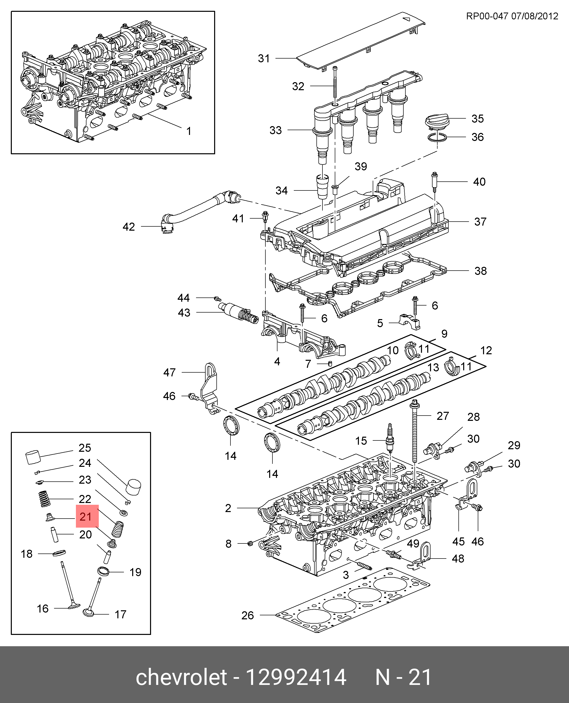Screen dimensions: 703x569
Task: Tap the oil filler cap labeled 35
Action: [436, 122]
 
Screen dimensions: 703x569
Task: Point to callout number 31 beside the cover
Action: [264, 59]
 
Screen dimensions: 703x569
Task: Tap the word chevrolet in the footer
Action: [181, 677]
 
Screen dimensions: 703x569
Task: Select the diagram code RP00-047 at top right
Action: [487, 16]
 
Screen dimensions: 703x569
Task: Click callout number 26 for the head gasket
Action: [248, 616]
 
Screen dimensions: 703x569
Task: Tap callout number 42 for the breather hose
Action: [129, 227]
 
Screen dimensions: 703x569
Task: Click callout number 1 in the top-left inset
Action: [189, 131]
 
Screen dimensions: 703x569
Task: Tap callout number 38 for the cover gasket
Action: [481, 271]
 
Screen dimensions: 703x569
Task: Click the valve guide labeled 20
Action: [54, 534]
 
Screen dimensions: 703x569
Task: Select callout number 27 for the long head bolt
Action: [443, 416]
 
